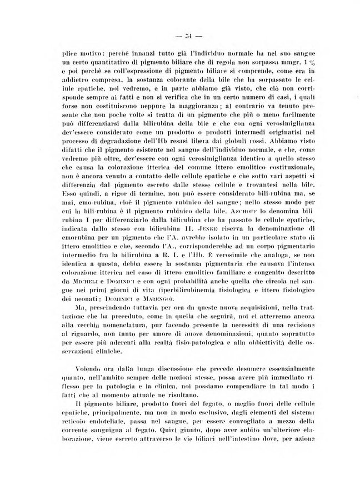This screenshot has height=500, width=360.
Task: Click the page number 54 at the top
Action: (180, 37)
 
